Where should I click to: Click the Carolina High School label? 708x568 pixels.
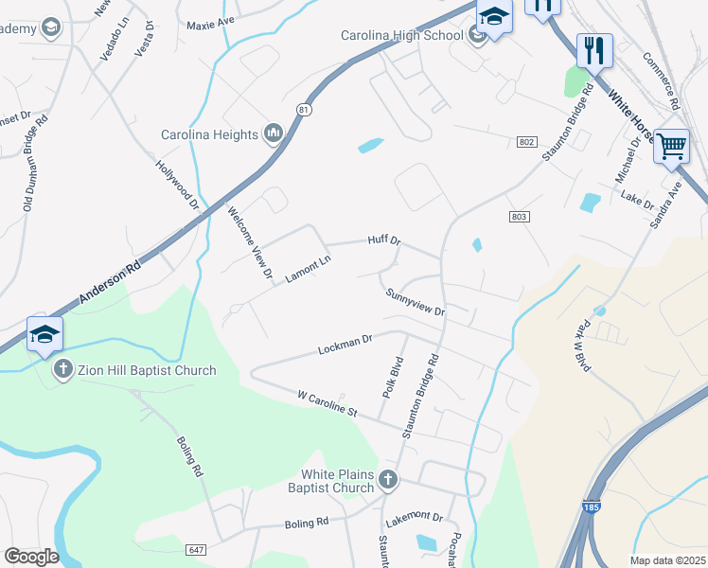pos(401,36)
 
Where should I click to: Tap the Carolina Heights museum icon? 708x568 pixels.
pos(274,133)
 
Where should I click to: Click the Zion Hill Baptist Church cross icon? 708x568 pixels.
pos(63,370)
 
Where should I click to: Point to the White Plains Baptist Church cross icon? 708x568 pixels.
pos(388,480)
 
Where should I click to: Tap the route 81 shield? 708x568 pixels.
pos(303,110)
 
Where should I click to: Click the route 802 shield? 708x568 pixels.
pos(527,141)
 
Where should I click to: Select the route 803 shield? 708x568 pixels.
pos(518,217)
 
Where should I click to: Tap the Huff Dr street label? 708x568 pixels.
pos(384,241)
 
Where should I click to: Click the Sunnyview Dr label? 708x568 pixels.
pos(415,303)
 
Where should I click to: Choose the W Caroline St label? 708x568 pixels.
pos(327,403)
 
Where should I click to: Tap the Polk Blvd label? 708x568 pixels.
pos(391,376)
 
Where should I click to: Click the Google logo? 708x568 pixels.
pos(31,557)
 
